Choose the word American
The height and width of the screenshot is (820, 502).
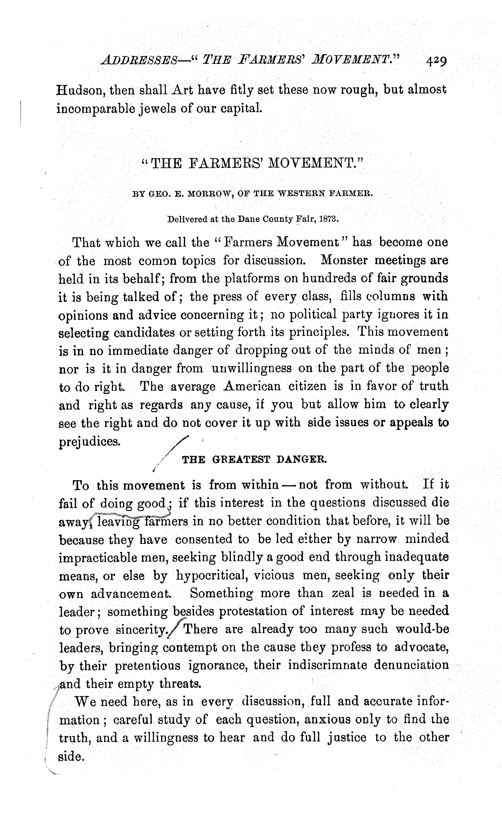252,386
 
